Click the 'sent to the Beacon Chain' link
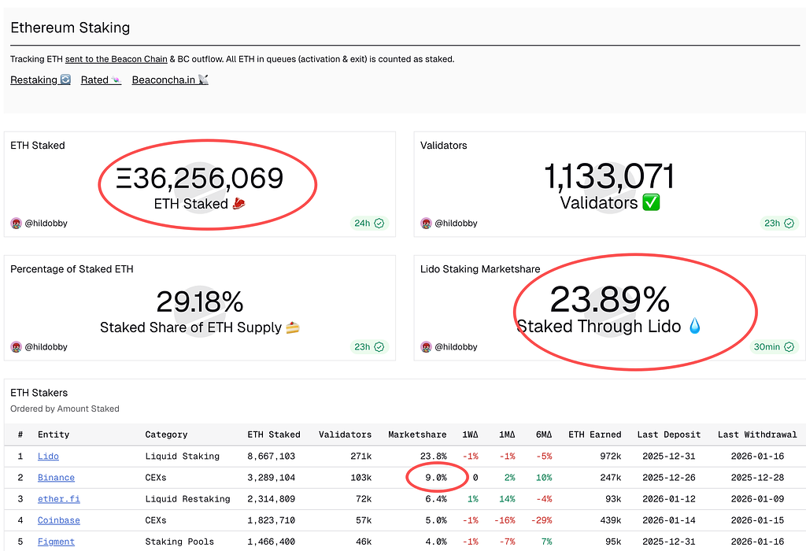(x=116, y=59)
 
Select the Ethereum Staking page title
(x=70, y=28)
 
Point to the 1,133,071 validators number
(x=609, y=177)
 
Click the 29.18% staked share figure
(x=200, y=301)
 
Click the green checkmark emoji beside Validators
(x=651, y=203)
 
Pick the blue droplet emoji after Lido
(x=694, y=326)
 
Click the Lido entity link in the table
(x=48, y=456)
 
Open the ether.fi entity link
(x=58, y=498)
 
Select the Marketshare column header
(x=417, y=434)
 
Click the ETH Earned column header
(x=594, y=434)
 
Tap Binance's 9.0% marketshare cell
(x=435, y=477)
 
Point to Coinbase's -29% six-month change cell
(x=541, y=520)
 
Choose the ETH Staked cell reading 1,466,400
(x=271, y=542)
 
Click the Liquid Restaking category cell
(x=187, y=498)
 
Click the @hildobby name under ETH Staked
(x=46, y=223)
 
